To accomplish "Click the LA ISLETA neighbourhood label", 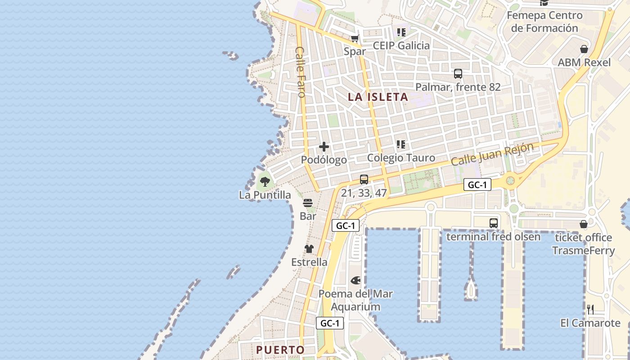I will [378, 97].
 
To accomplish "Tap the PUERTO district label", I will [280, 350].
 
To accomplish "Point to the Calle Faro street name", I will [301, 72].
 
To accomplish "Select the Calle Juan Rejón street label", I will [492, 154].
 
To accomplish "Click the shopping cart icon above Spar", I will [355, 38].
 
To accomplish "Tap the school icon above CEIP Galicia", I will [401, 32].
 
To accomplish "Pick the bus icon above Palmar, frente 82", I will [458, 74].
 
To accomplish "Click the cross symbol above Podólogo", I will [324, 147].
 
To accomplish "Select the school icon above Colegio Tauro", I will [401, 144].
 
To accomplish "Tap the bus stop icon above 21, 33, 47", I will [364, 180].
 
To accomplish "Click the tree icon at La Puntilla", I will [265, 182].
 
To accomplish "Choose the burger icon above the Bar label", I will [308, 203].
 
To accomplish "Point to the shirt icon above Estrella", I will [309, 249].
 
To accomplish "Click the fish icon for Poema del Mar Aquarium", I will [355, 280].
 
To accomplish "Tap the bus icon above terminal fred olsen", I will [494, 223].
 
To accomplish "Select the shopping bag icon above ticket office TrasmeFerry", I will [584, 224].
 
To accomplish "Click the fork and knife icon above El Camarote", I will [590, 310].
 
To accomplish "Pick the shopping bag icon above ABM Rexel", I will [584, 49].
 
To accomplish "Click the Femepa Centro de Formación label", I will [544, 22].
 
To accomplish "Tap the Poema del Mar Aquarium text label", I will [355, 301].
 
